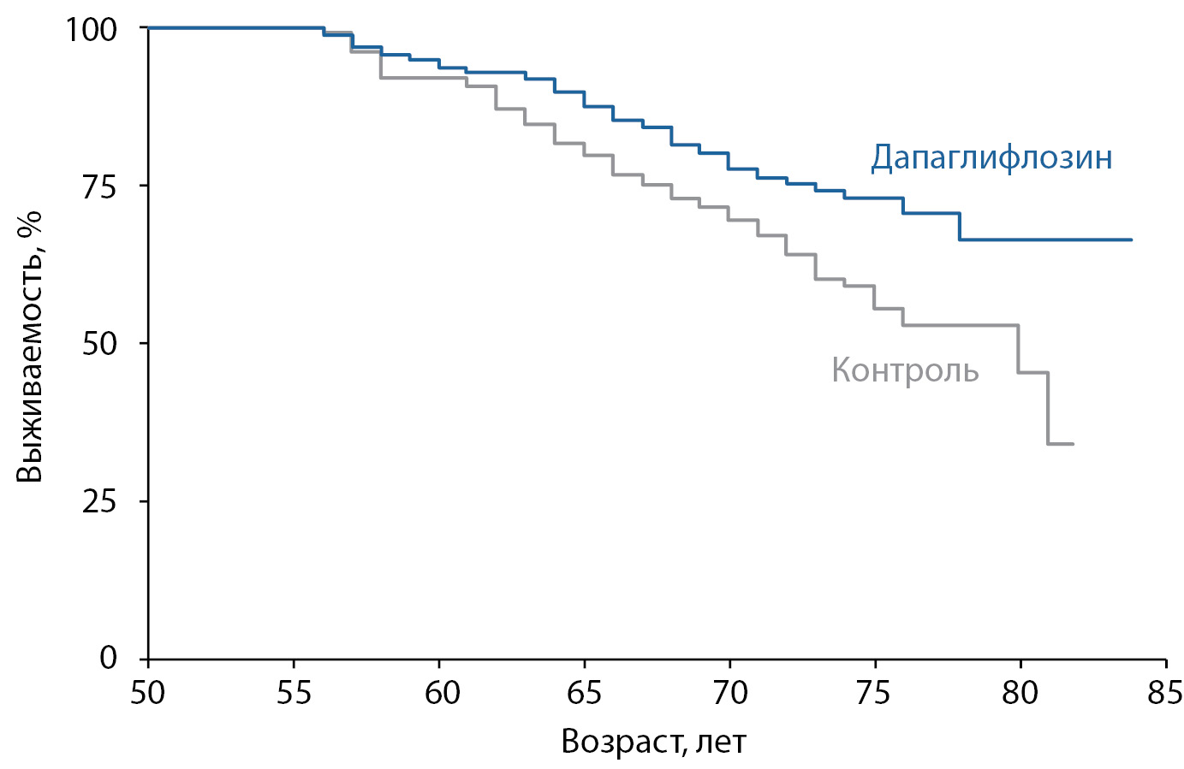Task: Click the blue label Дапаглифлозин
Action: click(991, 158)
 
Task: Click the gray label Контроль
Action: click(905, 370)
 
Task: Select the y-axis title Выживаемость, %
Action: click(30, 346)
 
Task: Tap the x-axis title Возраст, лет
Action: click(653, 742)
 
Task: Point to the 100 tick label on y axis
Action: click(91, 29)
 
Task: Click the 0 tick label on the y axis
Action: click(108, 658)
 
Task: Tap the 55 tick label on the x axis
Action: click(294, 692)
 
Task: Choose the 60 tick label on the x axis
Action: click(439, 692)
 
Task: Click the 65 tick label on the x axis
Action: click(585, 692)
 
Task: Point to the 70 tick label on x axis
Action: click(729, 692)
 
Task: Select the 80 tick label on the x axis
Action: click(1020, 692)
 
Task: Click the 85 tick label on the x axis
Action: click(1165, 692)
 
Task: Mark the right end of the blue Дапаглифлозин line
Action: click(1131, 240)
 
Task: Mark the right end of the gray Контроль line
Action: click(1072, 444)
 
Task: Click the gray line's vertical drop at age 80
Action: click(1019, 349)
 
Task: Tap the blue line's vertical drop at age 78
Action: click(960, 227)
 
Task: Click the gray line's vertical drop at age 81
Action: click(1048, 408)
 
